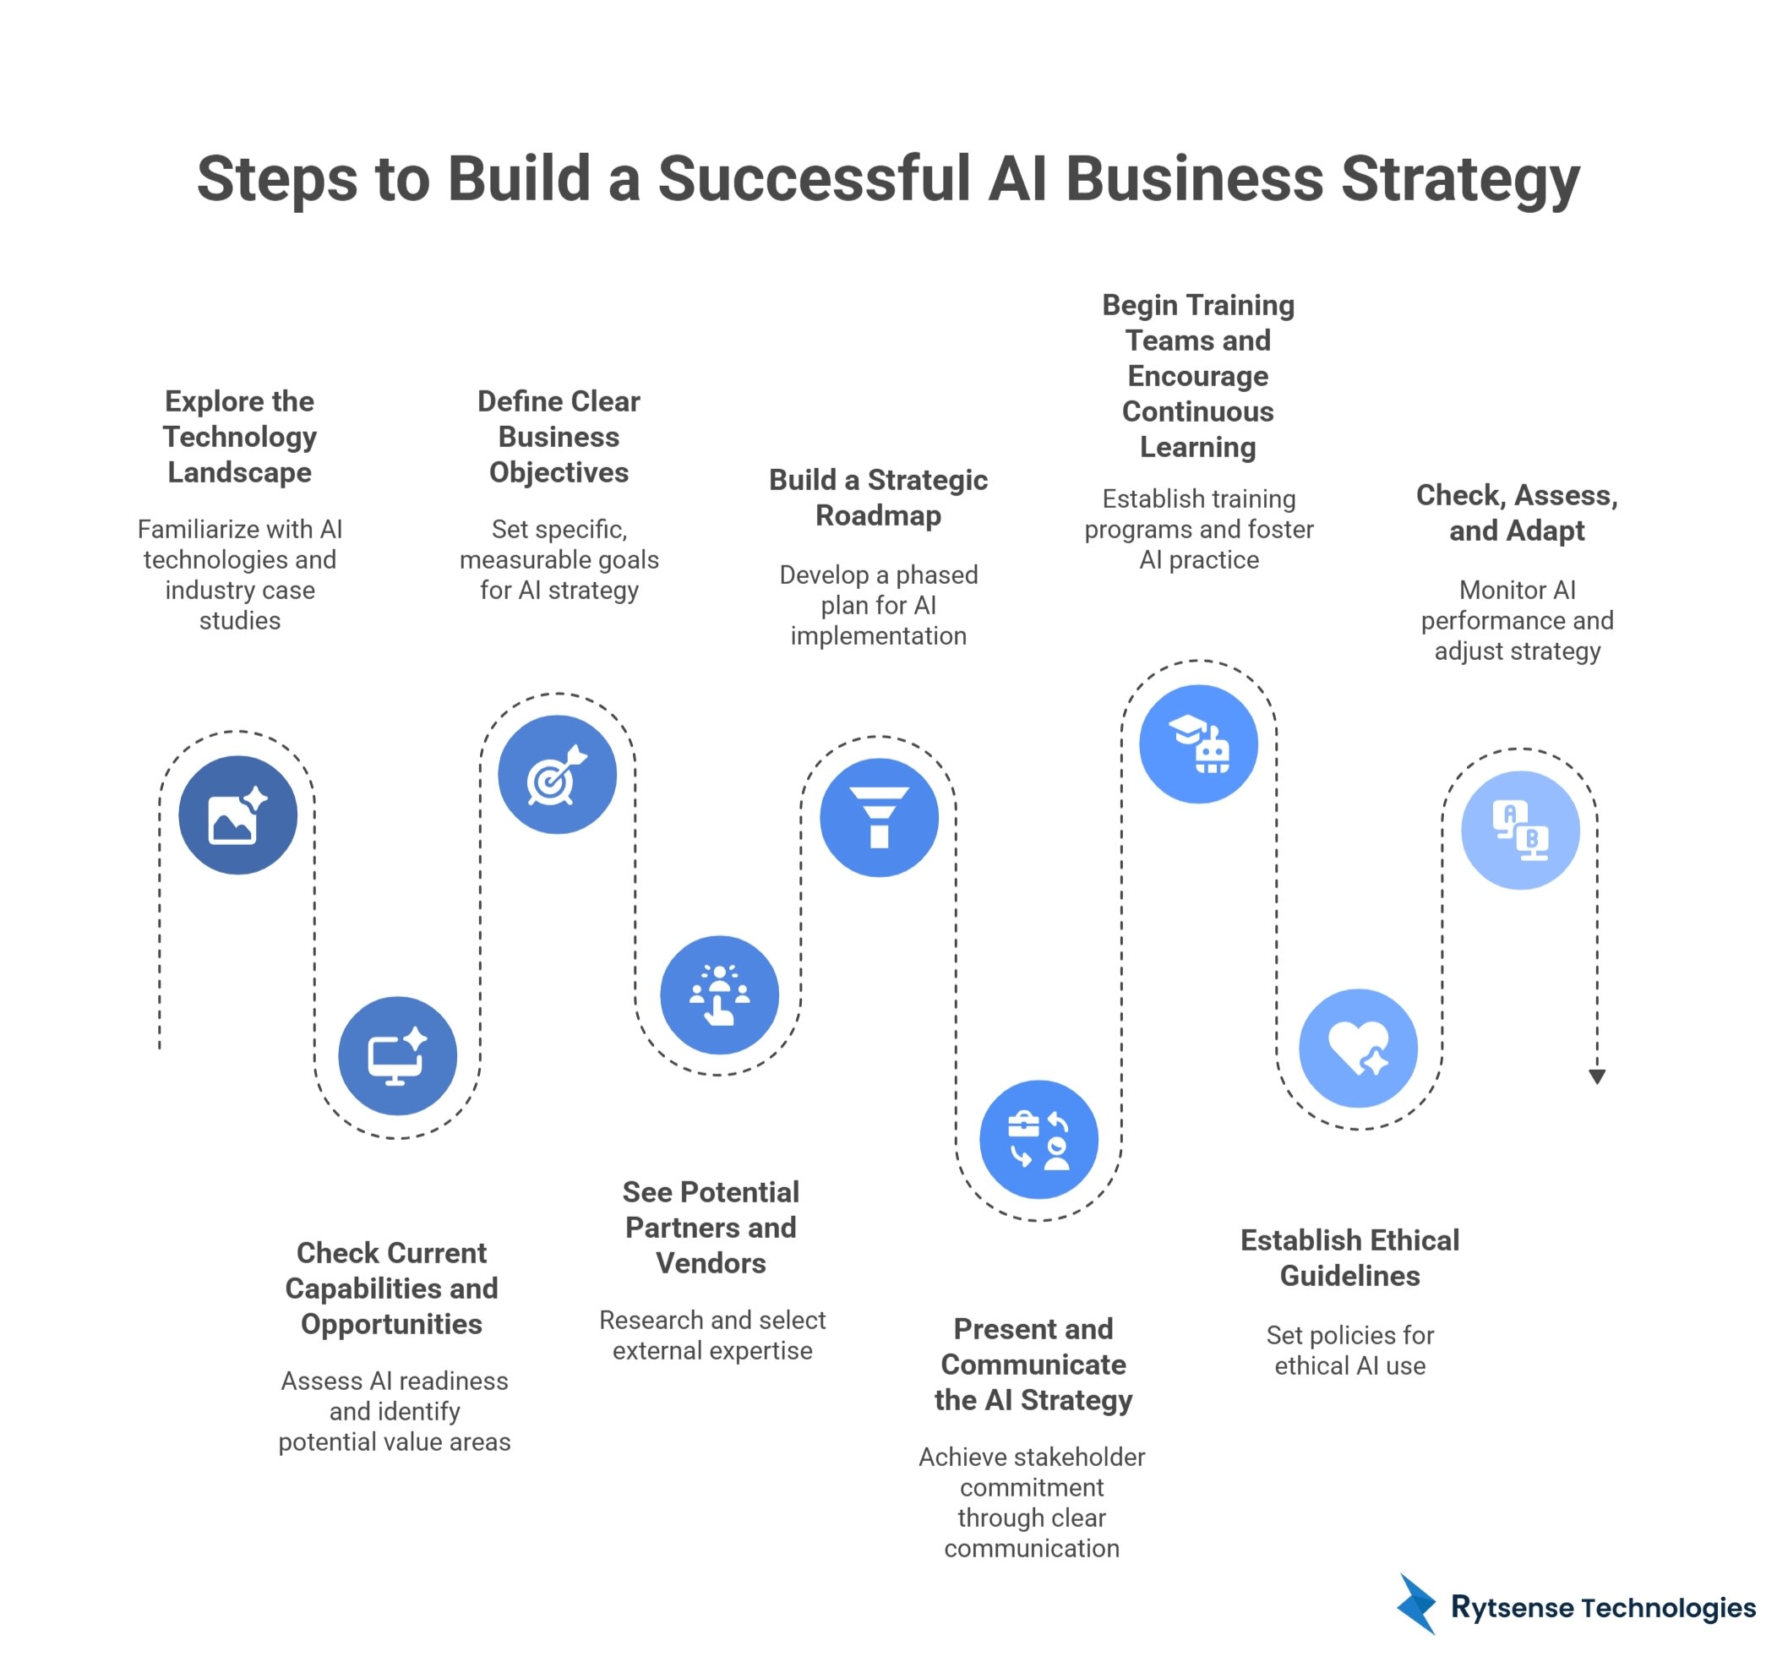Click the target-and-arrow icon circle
coord(557,774)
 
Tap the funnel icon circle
coord(879,817)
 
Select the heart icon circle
coord(1358,1048)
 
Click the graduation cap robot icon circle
coord(1198,744)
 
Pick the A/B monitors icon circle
coord(1519,830)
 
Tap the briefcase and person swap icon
coord(1038,1139)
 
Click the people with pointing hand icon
coord(719,994)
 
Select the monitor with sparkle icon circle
coord(397,1055)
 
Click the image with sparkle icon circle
coord(237,815)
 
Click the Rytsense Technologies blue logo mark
coord(1417,1605)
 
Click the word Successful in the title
coord(815,179)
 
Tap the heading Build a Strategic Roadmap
coord(878,497)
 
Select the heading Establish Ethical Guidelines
coord(1349,1257)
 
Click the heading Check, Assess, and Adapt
coord(1516,512)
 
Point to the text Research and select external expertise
coord(711,1334)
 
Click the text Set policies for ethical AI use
coord(1349,1349)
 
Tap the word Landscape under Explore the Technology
coord(240,471)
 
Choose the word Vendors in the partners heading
coord(711,1263)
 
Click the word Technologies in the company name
coord(1667,1607)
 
